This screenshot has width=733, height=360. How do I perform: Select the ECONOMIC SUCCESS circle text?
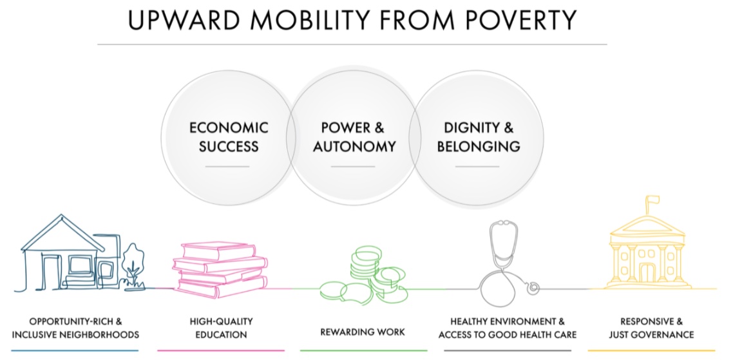tap(229, 137)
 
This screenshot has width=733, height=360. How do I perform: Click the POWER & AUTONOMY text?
tap(354, 137)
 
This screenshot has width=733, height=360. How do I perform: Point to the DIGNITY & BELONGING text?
tap(478, 137)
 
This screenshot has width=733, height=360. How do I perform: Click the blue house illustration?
tap(64, 251)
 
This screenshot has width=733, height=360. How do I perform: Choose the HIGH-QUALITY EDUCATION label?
tap(221, 328)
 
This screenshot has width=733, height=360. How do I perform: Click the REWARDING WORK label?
tap(363, 332)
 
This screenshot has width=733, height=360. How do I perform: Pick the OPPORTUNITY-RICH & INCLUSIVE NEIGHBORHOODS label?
tap(75, 328)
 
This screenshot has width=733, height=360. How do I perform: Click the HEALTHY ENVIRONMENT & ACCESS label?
tap(507, 328)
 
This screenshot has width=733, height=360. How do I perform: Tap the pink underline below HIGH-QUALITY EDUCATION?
tap(221, 350)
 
